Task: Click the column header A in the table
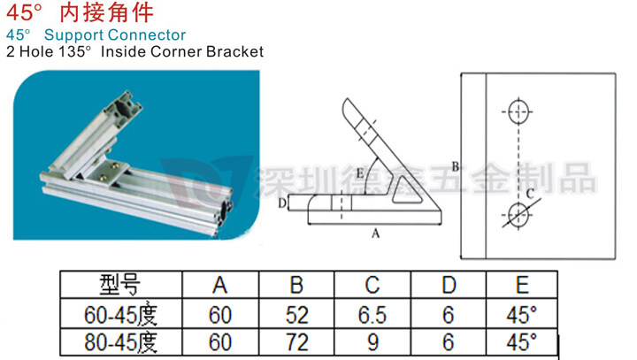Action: pyautogui.click(x=220, y=285)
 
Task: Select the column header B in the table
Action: pyautogui.click(x=296, y=285)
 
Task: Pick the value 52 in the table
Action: pyautogui.click(x=296, y=314)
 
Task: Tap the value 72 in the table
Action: pyautogui.click(x=296, y=341)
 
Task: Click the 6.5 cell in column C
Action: pyautogui.click(x=372, y=314)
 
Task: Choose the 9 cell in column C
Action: pyautogui.click(x=372, y=341)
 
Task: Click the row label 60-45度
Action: pyautogui.click(x=120, y=314)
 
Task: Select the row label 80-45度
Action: pyautogui.click(x=120, y=341)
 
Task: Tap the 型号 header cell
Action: pyautogui.click(x=120, y=285)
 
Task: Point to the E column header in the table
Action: pyautogui.click(x=522, y=285)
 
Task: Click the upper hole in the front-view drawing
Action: pyautogui.click(x=518, y=111)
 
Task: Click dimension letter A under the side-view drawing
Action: pyautogui.click(x=374, y=234)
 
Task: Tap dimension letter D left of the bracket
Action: pyautogui.click(x=281, y=203)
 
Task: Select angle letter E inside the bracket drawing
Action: pyautogui.click(x=359, y=172)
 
